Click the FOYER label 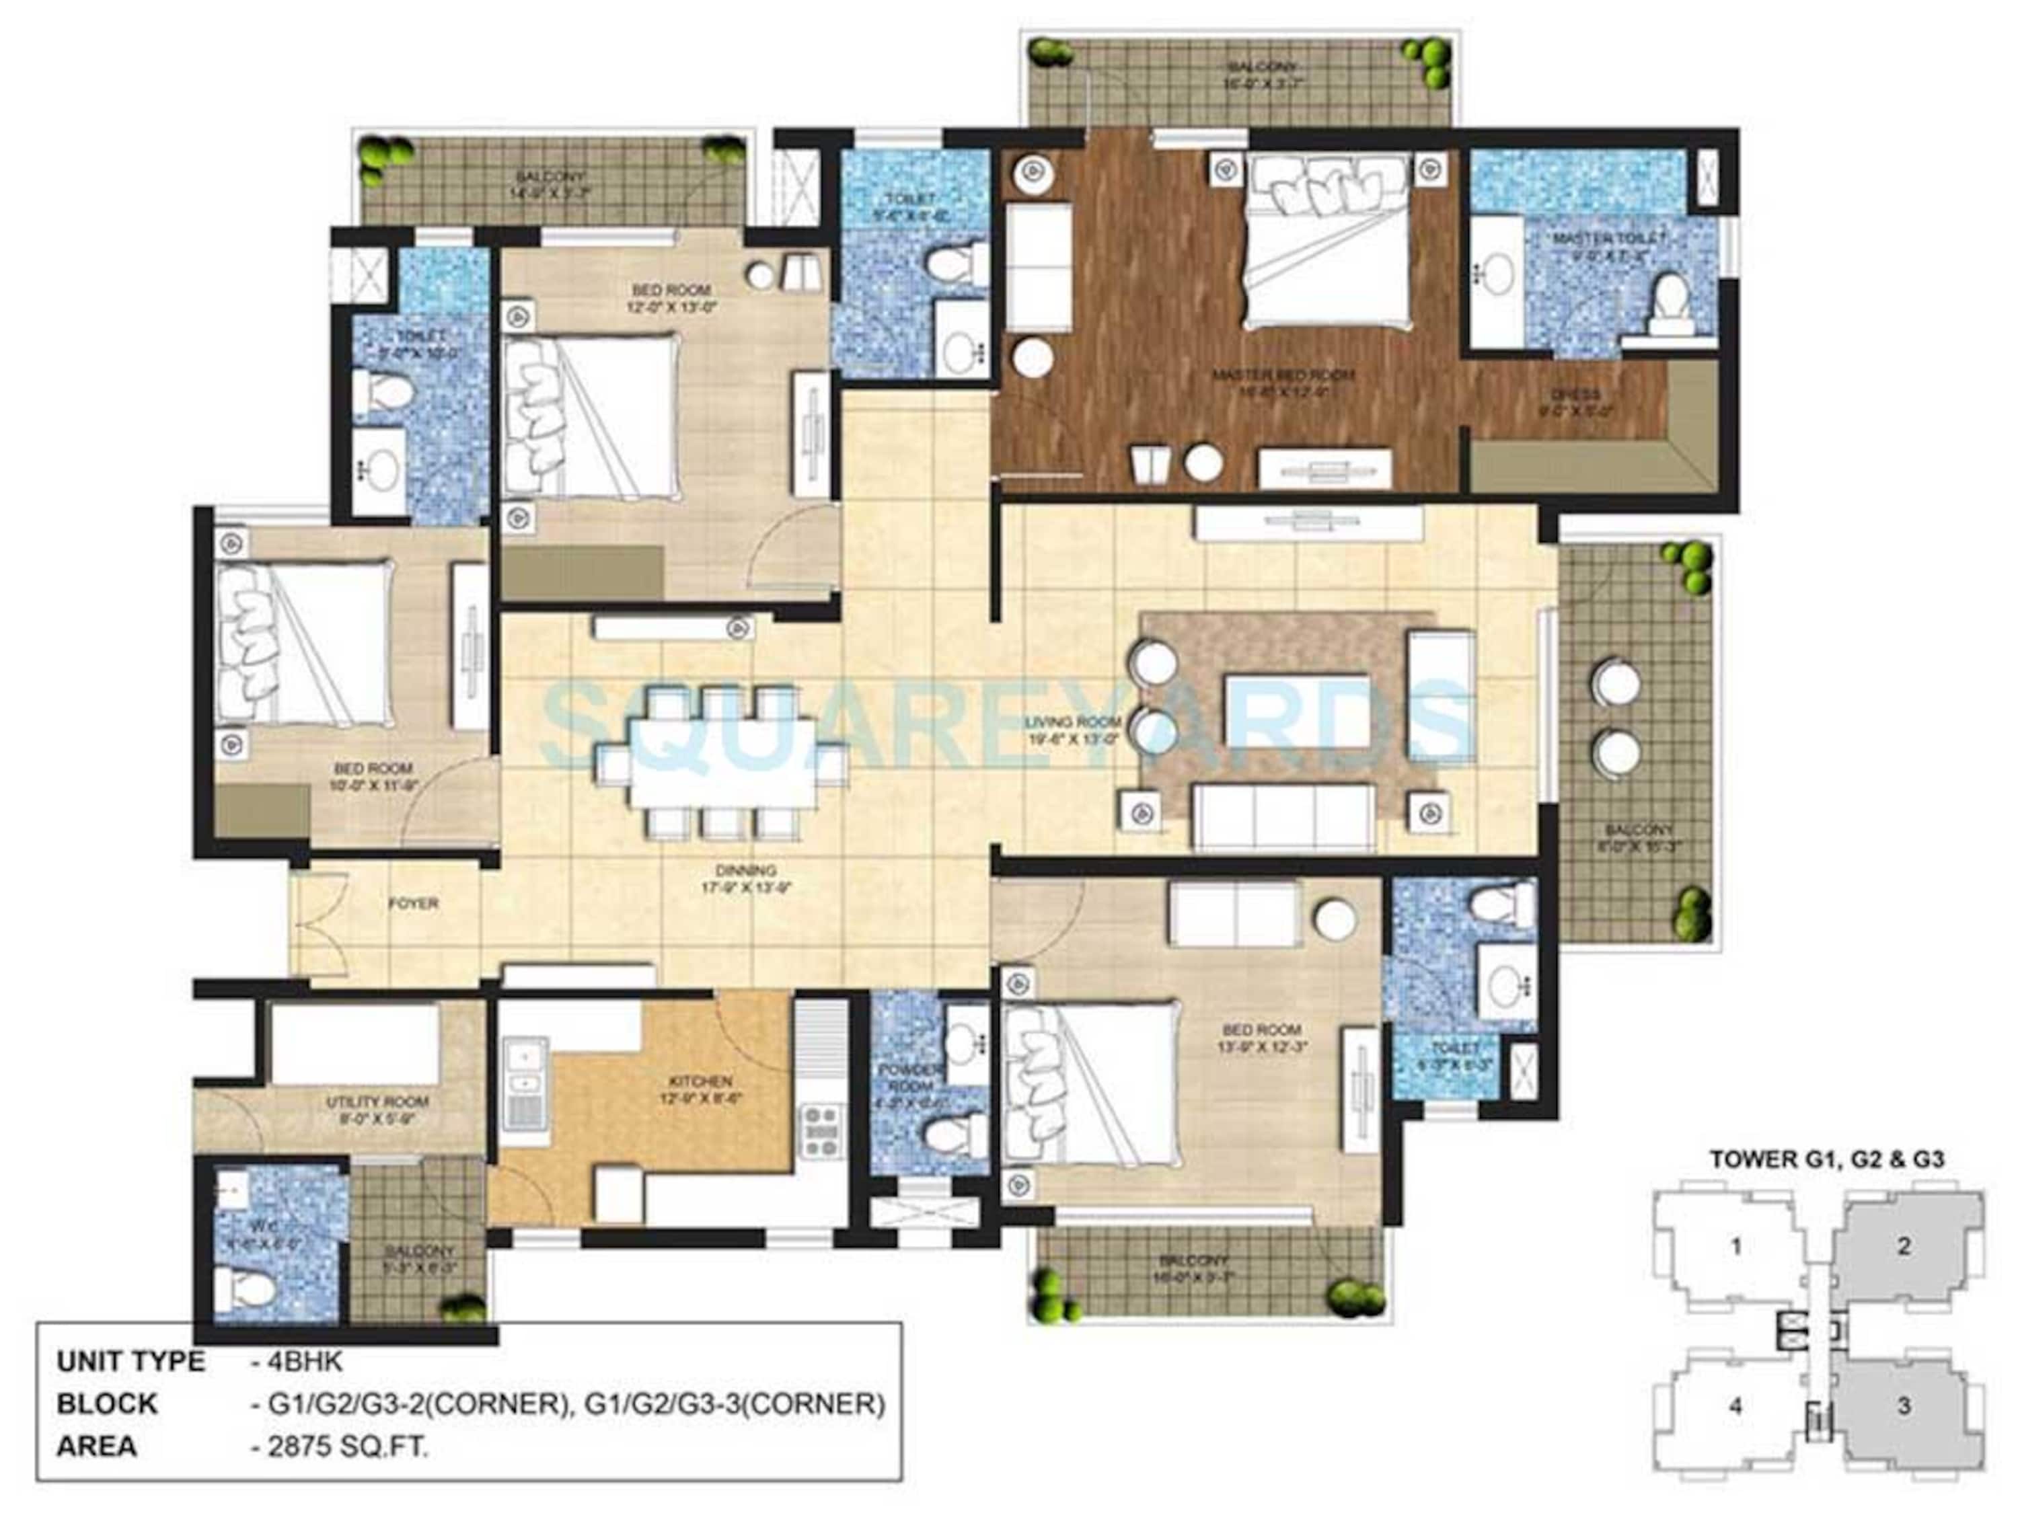point(412,903)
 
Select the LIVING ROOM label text point(1072,722)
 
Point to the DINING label point(751,870)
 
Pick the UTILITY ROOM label point(377,1102)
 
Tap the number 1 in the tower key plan point(1735,1247)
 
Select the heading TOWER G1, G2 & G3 point(1826,1159)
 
